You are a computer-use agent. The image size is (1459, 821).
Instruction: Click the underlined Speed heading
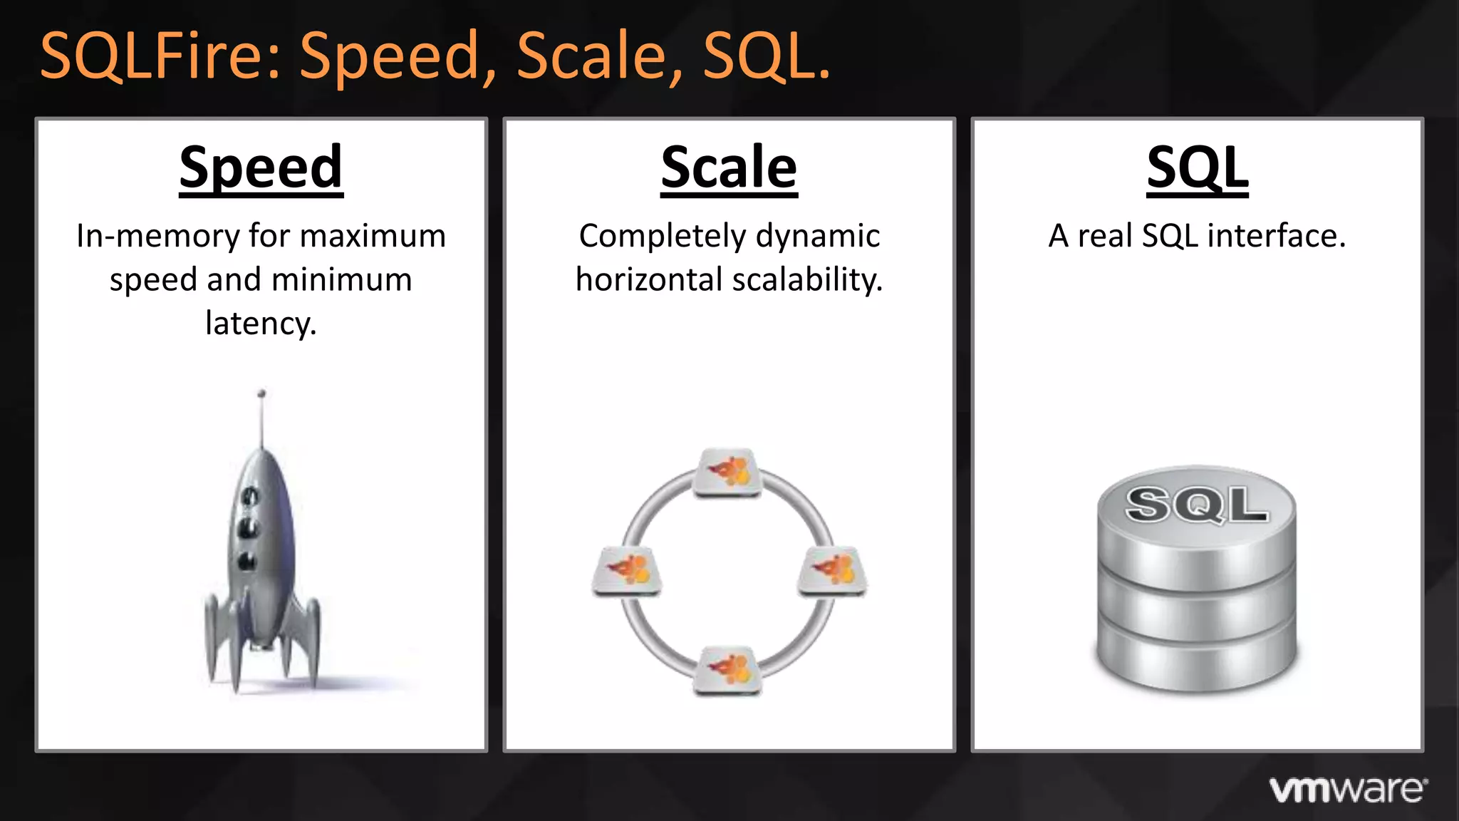261,168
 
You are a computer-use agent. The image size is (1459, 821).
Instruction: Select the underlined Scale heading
729,168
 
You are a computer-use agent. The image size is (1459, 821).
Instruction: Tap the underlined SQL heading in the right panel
1197,168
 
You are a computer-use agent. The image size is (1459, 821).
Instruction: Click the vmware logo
1348,790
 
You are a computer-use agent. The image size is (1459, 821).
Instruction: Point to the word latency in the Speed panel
261,324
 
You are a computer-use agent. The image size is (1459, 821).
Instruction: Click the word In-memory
157,236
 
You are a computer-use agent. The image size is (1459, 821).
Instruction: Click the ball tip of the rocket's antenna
261,393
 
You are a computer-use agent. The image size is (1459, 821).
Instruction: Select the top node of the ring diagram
728,472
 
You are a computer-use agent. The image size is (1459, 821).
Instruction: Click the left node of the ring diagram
628,570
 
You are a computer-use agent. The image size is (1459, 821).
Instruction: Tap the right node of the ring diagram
831,570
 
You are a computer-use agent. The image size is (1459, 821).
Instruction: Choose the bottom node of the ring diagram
728,670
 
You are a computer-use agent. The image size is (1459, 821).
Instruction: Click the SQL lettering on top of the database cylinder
1197,505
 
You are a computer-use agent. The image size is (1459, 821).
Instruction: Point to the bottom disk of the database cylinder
1197,659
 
